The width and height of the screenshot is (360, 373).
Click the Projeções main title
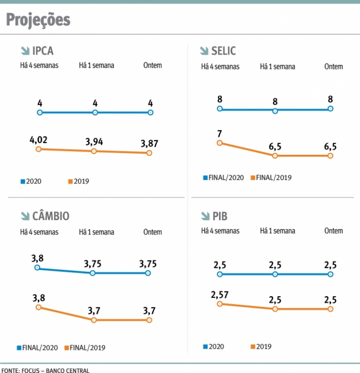(38, 20)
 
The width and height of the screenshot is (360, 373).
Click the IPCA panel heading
(43, 50)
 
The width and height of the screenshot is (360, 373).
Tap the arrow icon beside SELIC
(204, 51)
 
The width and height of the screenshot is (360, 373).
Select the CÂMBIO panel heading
(51, 216)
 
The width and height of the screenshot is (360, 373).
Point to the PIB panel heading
(220, 216)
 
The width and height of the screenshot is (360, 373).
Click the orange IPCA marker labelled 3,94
(94, 151)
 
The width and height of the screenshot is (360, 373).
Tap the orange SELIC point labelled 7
(219, 143)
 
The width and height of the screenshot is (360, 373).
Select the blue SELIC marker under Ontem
(330, 109)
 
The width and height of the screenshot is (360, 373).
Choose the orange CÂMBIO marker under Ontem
(149, 320)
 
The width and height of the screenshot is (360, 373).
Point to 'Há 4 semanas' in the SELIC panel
(220, 67)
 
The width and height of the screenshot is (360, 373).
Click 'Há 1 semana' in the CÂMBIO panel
(97, 232)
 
